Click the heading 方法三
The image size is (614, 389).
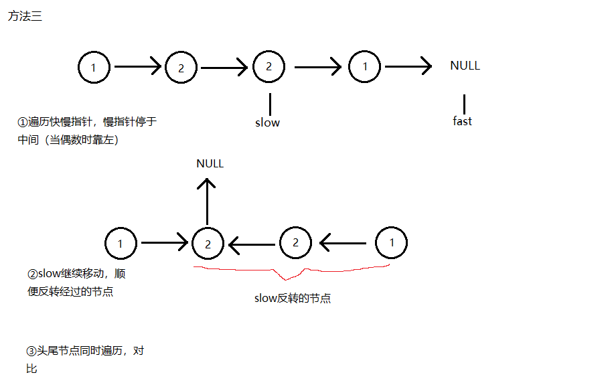[25, 17]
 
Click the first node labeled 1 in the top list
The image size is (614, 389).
[94, 67]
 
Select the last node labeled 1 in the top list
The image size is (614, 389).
[365, 66]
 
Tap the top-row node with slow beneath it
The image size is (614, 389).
[269, 66]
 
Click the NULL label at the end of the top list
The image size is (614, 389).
[465, 66]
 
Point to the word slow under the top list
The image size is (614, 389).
[267, 123]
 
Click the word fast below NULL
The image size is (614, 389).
[462, 121]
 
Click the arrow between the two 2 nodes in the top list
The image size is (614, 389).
[225, 67]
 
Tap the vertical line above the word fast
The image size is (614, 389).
[463, 104]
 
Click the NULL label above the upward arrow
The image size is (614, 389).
[210, 163]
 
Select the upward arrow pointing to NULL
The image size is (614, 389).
[208, 201]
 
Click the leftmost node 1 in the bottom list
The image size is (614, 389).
[121, 243]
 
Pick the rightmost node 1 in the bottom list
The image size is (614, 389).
[392, 242]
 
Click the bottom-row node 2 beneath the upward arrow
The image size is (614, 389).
[208, 244]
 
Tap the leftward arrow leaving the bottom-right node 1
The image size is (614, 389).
[343, 242]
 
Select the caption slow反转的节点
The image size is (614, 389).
[293, 299]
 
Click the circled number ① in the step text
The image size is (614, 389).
[23, 123]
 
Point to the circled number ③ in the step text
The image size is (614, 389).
[30, 351]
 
